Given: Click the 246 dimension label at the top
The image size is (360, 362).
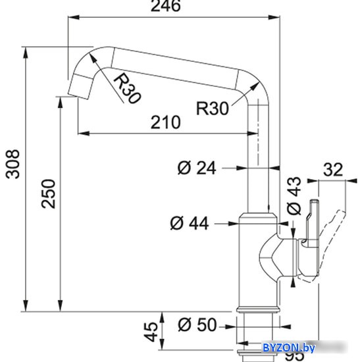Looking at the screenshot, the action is (166, 6).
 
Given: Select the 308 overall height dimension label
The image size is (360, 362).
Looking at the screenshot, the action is (13, 164).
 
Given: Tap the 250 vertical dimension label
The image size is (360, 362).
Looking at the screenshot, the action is (49, 194).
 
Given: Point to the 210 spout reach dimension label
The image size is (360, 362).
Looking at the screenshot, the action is (166, 122).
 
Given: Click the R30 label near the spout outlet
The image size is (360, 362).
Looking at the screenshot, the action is (127, 88).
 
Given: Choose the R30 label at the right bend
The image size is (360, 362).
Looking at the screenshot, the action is (213, 108).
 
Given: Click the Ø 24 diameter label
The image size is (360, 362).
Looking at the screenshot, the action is (197, 167).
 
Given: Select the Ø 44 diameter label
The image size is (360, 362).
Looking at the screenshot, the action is (190, 222).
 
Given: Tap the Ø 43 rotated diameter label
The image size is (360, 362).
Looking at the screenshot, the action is (294, 195).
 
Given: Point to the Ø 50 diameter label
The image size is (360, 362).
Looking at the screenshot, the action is (197, 324).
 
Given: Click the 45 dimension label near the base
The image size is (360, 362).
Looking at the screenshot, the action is (151, 332).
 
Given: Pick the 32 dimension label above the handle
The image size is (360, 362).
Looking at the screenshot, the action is (333, 170).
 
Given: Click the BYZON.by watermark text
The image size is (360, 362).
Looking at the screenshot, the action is (289, 348).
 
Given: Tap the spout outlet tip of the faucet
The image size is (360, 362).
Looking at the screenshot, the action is (78, 96).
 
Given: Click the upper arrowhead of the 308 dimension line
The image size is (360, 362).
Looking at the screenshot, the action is (26, 53).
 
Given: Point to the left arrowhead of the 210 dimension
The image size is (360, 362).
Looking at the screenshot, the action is (84, 133).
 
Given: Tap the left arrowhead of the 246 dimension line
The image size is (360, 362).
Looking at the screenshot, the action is (74, 18).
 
